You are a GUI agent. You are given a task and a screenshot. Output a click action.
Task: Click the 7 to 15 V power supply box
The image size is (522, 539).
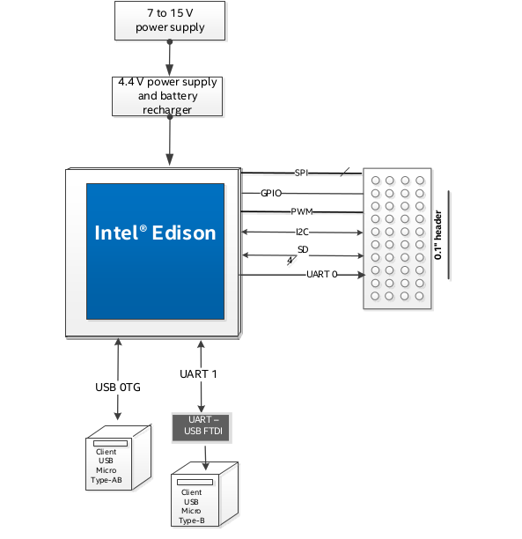(170, 20)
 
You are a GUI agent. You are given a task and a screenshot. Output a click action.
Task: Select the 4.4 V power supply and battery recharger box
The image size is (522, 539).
(167, 96)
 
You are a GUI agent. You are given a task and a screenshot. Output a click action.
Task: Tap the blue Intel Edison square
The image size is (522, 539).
(155, 251)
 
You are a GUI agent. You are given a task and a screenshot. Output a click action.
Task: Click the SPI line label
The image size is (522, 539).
(301, 173)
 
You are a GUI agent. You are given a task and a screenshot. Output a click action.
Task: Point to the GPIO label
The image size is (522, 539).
(271, 193)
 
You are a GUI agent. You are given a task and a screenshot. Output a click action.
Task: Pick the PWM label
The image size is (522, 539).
(302, 211)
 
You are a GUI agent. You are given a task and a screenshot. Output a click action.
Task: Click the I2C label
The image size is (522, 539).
(302, 232)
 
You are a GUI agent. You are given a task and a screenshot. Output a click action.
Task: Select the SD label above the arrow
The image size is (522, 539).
(303, 249)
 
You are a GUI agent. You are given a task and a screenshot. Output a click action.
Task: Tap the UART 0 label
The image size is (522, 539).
(322, 274)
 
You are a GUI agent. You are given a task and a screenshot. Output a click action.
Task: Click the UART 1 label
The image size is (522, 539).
(198, 374)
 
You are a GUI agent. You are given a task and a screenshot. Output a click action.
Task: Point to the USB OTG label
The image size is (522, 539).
(118, 388)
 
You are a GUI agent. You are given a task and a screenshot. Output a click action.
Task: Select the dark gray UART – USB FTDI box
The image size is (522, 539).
(202, 428)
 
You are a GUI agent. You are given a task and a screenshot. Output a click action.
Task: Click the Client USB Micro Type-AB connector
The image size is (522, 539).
(118, 457)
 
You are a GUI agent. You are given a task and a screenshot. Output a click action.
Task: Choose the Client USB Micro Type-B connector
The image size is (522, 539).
(204, 494)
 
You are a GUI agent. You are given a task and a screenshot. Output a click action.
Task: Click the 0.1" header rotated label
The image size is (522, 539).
(437, 235)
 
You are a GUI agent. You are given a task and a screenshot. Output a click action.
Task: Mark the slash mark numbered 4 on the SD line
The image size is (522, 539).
(291, 261)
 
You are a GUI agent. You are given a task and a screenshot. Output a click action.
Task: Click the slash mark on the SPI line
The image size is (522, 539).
(345, 173)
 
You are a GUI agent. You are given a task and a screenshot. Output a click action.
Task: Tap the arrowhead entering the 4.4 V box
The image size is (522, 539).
(169, 70)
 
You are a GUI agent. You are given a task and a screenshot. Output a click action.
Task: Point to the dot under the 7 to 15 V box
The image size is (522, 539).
(169, 41)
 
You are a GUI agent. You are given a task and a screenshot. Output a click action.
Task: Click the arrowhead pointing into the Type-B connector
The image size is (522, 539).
(205, 466)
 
